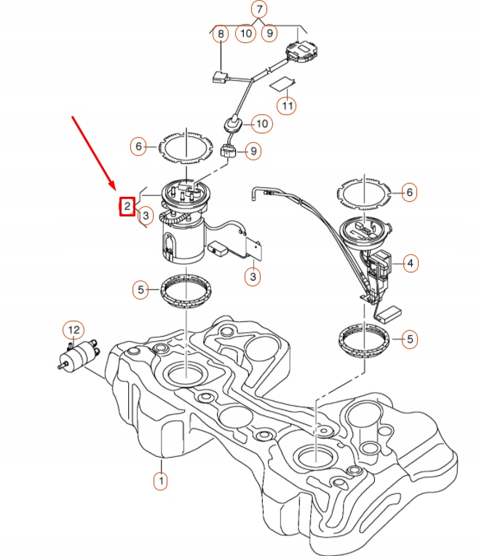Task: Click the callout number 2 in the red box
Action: click(127, 207)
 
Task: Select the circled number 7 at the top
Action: click(258, 9)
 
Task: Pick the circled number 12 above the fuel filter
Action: click(73, 331)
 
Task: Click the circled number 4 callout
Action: click(411, 262)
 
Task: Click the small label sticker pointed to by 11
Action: click(283, 83)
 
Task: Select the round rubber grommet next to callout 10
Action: click(233, 125)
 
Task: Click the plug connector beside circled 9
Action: click(228, 152)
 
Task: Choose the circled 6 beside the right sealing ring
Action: click(410, 192)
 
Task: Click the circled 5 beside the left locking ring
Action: click(142, 290)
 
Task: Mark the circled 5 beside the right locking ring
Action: click(411, 339)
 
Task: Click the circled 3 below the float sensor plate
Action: click(252, 277)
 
